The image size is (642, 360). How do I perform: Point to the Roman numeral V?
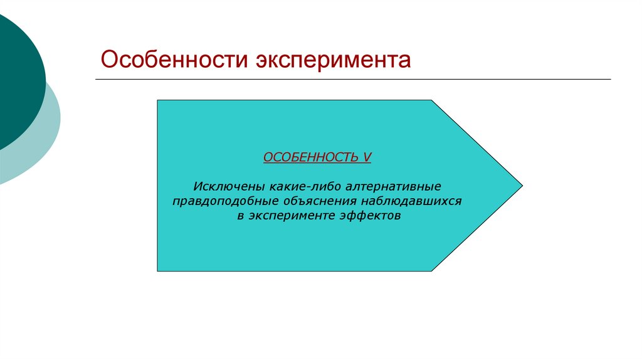(x=367, y=157)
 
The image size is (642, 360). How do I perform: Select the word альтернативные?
(x=387, y=188)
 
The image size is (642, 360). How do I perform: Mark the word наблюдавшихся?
(x=412, y=202)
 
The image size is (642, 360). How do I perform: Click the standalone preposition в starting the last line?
(x=240, y=216)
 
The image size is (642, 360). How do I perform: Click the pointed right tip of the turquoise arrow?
(x=520, y=186)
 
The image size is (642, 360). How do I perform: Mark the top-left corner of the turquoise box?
(x=158, y=100)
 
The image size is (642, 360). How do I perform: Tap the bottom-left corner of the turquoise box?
(x=158, y=270)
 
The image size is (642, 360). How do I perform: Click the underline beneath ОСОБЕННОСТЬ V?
(x=317, y=164)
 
